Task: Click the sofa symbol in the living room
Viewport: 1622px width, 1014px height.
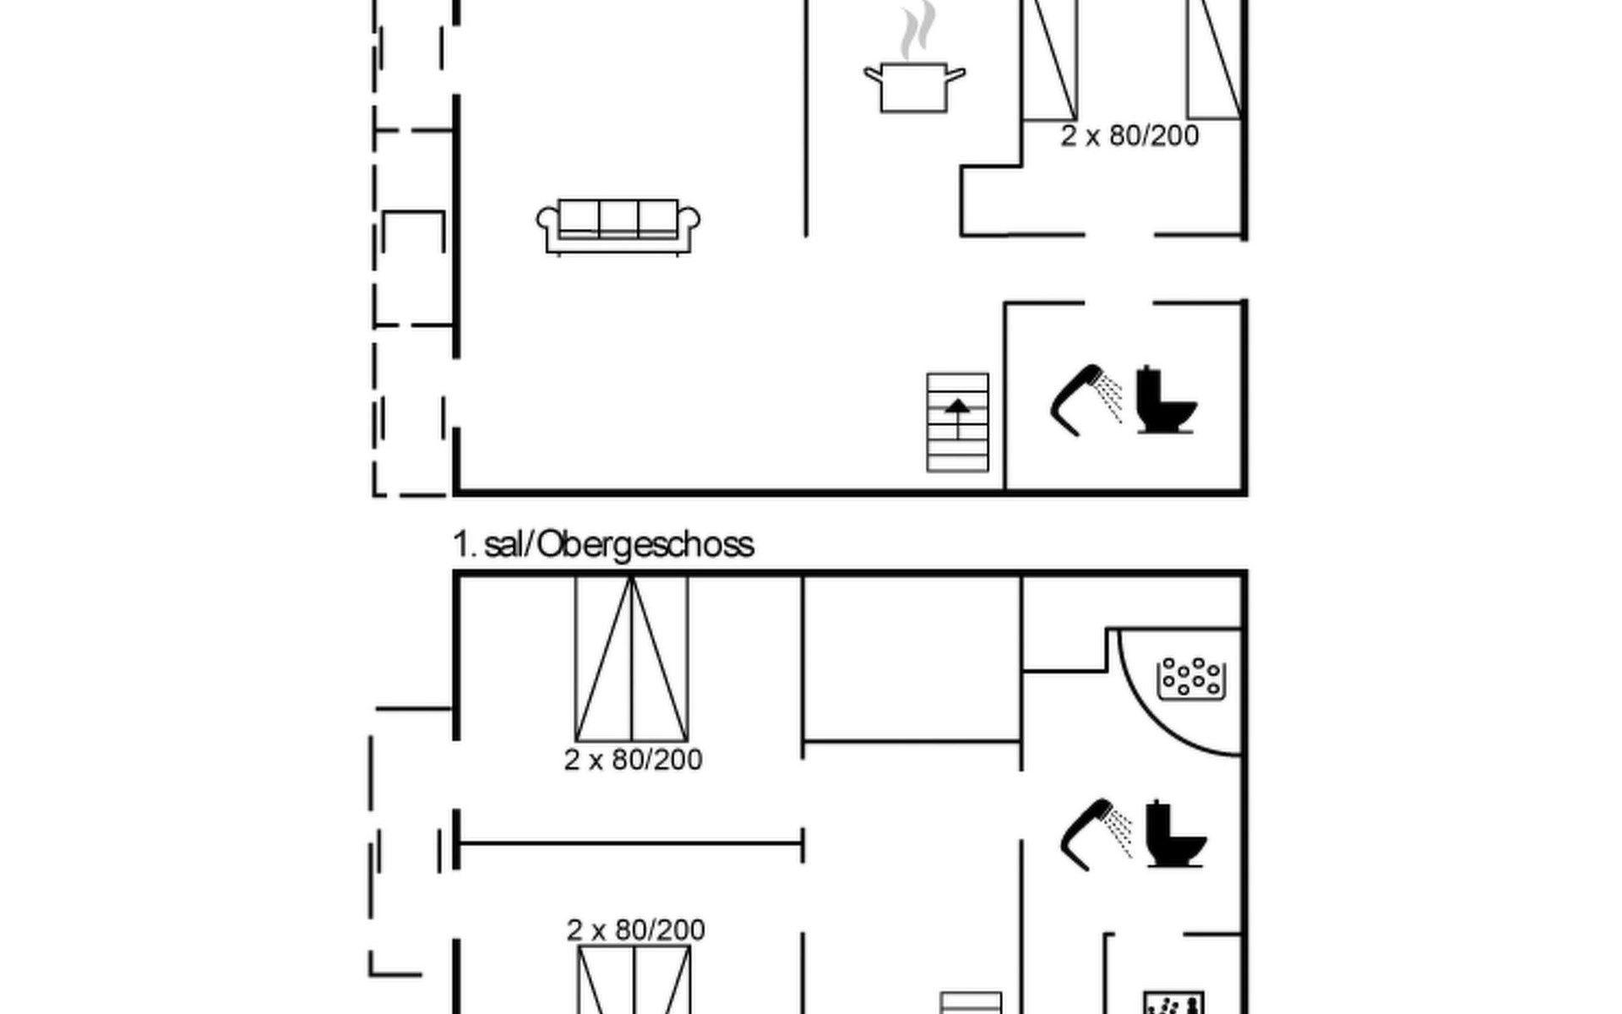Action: coord(618,226)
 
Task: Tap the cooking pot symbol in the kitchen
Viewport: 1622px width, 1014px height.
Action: coord(914,86)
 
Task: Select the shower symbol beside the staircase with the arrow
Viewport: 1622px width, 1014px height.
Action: coord(1086,401)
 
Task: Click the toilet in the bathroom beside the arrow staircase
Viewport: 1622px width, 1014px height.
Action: coord(1166,400)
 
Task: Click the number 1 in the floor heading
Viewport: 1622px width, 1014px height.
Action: coord(461,545)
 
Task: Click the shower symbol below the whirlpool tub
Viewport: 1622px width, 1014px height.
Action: coord(1096,834)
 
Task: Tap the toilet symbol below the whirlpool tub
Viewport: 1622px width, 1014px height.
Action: coord(1176,834)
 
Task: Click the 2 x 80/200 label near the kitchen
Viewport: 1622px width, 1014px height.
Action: coord(1129,136)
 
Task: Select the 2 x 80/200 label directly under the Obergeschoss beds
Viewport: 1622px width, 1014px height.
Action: coord(633,760)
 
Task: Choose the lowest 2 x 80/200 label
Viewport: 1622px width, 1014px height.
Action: coord(635,929)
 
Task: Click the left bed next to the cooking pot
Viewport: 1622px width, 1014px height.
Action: coord(1050,59)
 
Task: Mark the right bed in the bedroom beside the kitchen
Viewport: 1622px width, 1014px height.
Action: coord(1214,59)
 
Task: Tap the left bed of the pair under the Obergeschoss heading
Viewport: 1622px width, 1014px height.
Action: coord(603,659)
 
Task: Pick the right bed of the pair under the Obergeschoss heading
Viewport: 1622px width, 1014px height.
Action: coord(660,659)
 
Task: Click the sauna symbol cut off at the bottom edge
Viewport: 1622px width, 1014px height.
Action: coord(1173,1003)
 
